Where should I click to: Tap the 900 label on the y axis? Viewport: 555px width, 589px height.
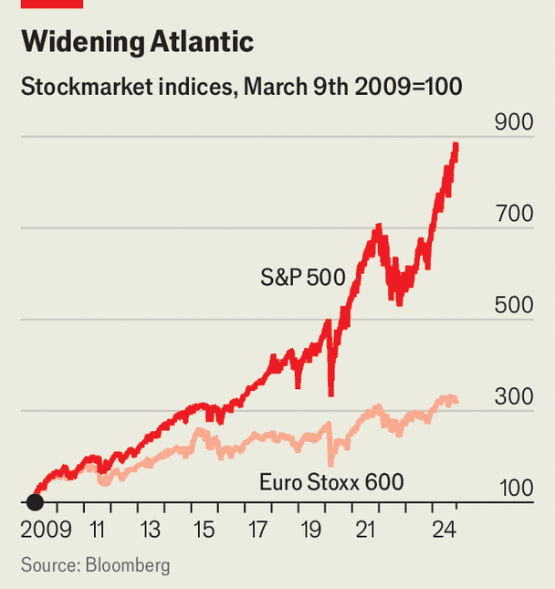[x=512, y=122]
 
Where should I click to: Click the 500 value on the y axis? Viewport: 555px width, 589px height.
[x=512, y=305]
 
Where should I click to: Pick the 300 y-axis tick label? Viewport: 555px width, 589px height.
[x=512, y=396]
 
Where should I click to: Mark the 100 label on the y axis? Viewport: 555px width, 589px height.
[x=512, y=488]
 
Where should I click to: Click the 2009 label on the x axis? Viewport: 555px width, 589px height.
[x=46, y=530]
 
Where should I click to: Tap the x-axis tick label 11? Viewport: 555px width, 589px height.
[x=98, y=530]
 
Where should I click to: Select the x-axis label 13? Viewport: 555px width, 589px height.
[x=151, y=530]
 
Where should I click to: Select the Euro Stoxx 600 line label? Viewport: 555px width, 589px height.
[x=331, y=481]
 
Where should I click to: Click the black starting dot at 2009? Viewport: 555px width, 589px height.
[x=35, y=501]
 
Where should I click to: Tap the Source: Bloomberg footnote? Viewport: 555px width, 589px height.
[x=96, y=565]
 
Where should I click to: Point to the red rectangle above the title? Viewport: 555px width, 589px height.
[x=52, y=4]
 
